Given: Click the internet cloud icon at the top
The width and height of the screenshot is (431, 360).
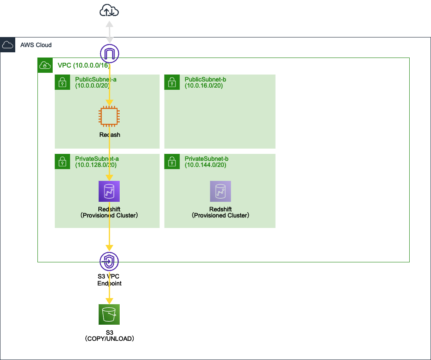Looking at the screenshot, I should (x=109, y=10).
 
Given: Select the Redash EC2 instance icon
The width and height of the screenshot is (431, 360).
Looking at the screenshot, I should (x=109, y=117).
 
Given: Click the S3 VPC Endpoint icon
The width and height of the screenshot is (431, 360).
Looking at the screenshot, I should (x=109, y=262).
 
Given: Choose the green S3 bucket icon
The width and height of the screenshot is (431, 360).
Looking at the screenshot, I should (x=109, y=315).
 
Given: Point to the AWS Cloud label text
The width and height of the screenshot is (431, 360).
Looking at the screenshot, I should (x=36, y=45).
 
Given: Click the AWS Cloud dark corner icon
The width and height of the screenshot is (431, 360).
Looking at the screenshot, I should (x=8, y=45).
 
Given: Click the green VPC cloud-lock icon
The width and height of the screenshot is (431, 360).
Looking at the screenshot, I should (x=44, y=65).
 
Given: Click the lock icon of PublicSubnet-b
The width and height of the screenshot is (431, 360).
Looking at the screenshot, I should (x=172, y=82).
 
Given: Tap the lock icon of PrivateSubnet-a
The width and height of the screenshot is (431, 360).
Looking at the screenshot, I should (x=63, y=162).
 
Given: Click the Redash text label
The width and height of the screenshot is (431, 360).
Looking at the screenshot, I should (x=109, y=135).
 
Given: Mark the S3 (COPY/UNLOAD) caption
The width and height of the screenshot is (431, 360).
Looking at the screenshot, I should (x=109, y=335).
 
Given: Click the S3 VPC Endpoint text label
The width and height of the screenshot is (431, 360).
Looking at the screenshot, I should (x=109, y=280).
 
